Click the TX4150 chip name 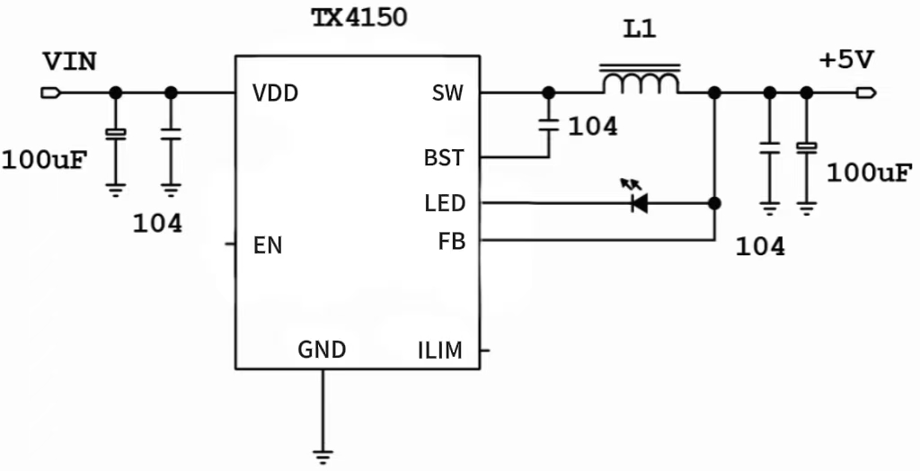pos(358,19)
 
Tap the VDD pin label pos(275,93)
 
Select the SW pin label pos(447,93)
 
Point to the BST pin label pos(445,158)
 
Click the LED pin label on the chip pos(445,204)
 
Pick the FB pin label pos(452,241)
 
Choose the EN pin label pos(268,244)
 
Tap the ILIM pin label pos(440,351)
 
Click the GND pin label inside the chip pos(322,350)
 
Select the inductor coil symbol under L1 pos(640,83)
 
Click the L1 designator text pos(640,31)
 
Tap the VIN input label pos(70,62)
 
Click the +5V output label pos(845,60)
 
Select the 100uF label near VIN pos(44,161)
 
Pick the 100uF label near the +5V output pos(869,173)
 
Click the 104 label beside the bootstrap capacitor pos(593,127)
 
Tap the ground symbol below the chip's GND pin pos(323,454)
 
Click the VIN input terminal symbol pos(50,93)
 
